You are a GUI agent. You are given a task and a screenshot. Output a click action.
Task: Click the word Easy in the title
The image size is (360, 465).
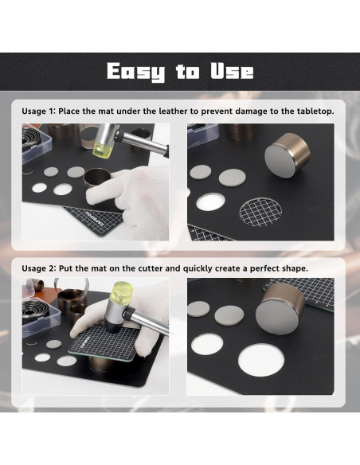pyautogui.click(x=136, y=72)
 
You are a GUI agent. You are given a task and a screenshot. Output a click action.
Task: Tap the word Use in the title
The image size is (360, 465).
pyautogui.click(x=232, y=71)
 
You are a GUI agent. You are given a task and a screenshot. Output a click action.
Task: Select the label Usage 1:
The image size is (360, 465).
pyautogui.click(x=38, y=111)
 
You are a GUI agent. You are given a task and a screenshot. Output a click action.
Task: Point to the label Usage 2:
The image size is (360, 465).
pyautogui.click(x=39, y=268)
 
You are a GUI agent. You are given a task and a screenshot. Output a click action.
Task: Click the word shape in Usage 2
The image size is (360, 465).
pyautogui.click(x=297, y=269)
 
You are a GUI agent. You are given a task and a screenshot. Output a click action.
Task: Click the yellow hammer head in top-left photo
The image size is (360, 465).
pyautogui.click(x=102, y=149)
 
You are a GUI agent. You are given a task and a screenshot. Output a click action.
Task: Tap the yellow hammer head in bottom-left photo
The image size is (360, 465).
pyautogui.click(x=121, y=292)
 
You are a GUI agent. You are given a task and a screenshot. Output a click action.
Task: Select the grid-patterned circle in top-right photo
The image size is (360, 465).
pyautogui.click(x=260, y=212)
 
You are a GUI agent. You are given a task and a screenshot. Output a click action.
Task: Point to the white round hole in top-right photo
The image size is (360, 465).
pyautogui.click(x=211, y=202)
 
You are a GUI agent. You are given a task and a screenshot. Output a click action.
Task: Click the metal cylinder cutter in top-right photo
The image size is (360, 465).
pyautogui.click(x=287, y=155)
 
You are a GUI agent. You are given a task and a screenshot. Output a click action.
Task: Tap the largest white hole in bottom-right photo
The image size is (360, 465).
pyautogui.click(x=261, y=360)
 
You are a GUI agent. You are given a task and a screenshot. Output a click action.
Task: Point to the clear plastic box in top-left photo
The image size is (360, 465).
pyautogui.click(x=36, y=143)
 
